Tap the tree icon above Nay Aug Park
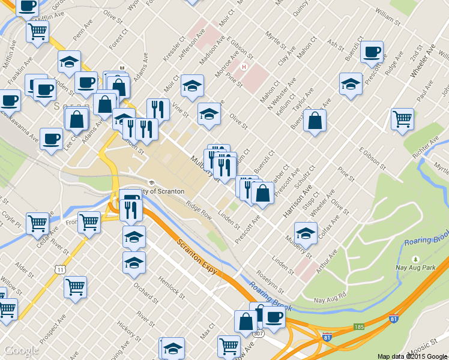point(415,259)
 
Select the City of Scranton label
point(162,191)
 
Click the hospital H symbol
point(244,67)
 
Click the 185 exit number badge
point(359,327)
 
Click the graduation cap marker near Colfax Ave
point(306,233)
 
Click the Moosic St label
point(430,347)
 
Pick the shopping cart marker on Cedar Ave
point(37,223)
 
